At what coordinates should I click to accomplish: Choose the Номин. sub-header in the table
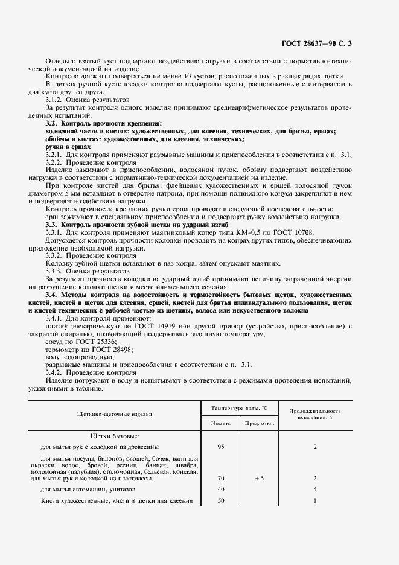[220, 423]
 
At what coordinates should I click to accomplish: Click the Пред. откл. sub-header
[260, 423]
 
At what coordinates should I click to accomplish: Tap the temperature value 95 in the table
[220, 447]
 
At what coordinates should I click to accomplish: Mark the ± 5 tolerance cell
[260, 478]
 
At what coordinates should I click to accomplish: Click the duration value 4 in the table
[315, 489]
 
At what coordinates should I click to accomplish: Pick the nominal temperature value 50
[220, 501]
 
